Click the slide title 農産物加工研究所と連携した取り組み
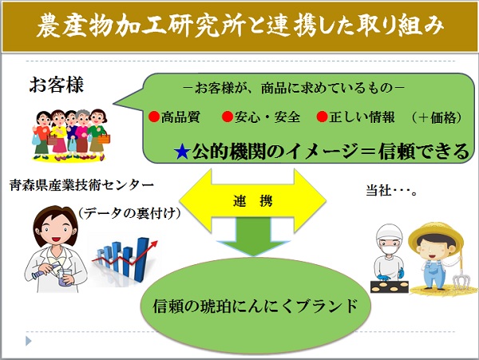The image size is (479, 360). pos(239,26)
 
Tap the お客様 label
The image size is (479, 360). pos(56,85)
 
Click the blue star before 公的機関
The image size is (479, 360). pos(182,152)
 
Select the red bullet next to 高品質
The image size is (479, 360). pos(154,117)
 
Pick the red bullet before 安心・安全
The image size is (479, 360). pos(228,117)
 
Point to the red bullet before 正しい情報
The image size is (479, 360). pos(322,117)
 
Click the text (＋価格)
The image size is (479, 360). pos(436,117)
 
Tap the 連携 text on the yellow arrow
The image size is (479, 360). pos(252,201)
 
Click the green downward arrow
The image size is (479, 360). pos(253,237)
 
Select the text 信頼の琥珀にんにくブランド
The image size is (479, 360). pos(255,306)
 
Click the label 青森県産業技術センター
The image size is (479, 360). pos(81,185)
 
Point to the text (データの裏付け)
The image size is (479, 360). pos(129,213)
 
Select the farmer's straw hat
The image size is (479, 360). pos(436,236)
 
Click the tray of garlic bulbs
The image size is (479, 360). pos(390,287)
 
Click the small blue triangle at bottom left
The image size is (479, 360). pos(29,341)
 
